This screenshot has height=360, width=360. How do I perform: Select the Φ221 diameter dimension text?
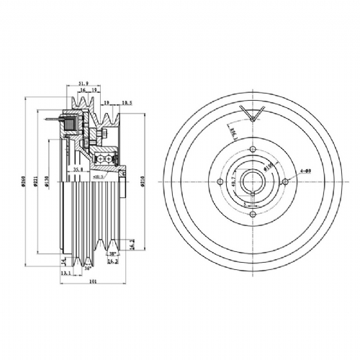pos(35,184)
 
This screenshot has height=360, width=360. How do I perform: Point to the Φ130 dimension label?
pos(45,184)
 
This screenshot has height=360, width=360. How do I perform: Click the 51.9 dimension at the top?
pos(84,84)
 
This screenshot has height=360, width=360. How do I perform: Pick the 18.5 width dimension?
pos(127,104)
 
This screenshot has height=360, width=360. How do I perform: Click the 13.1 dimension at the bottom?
pos(66,274)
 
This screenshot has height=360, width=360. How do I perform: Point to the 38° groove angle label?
pos(113,254)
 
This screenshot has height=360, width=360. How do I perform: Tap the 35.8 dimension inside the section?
pos(79,170)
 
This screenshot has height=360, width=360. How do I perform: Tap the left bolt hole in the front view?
pos(220,181)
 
